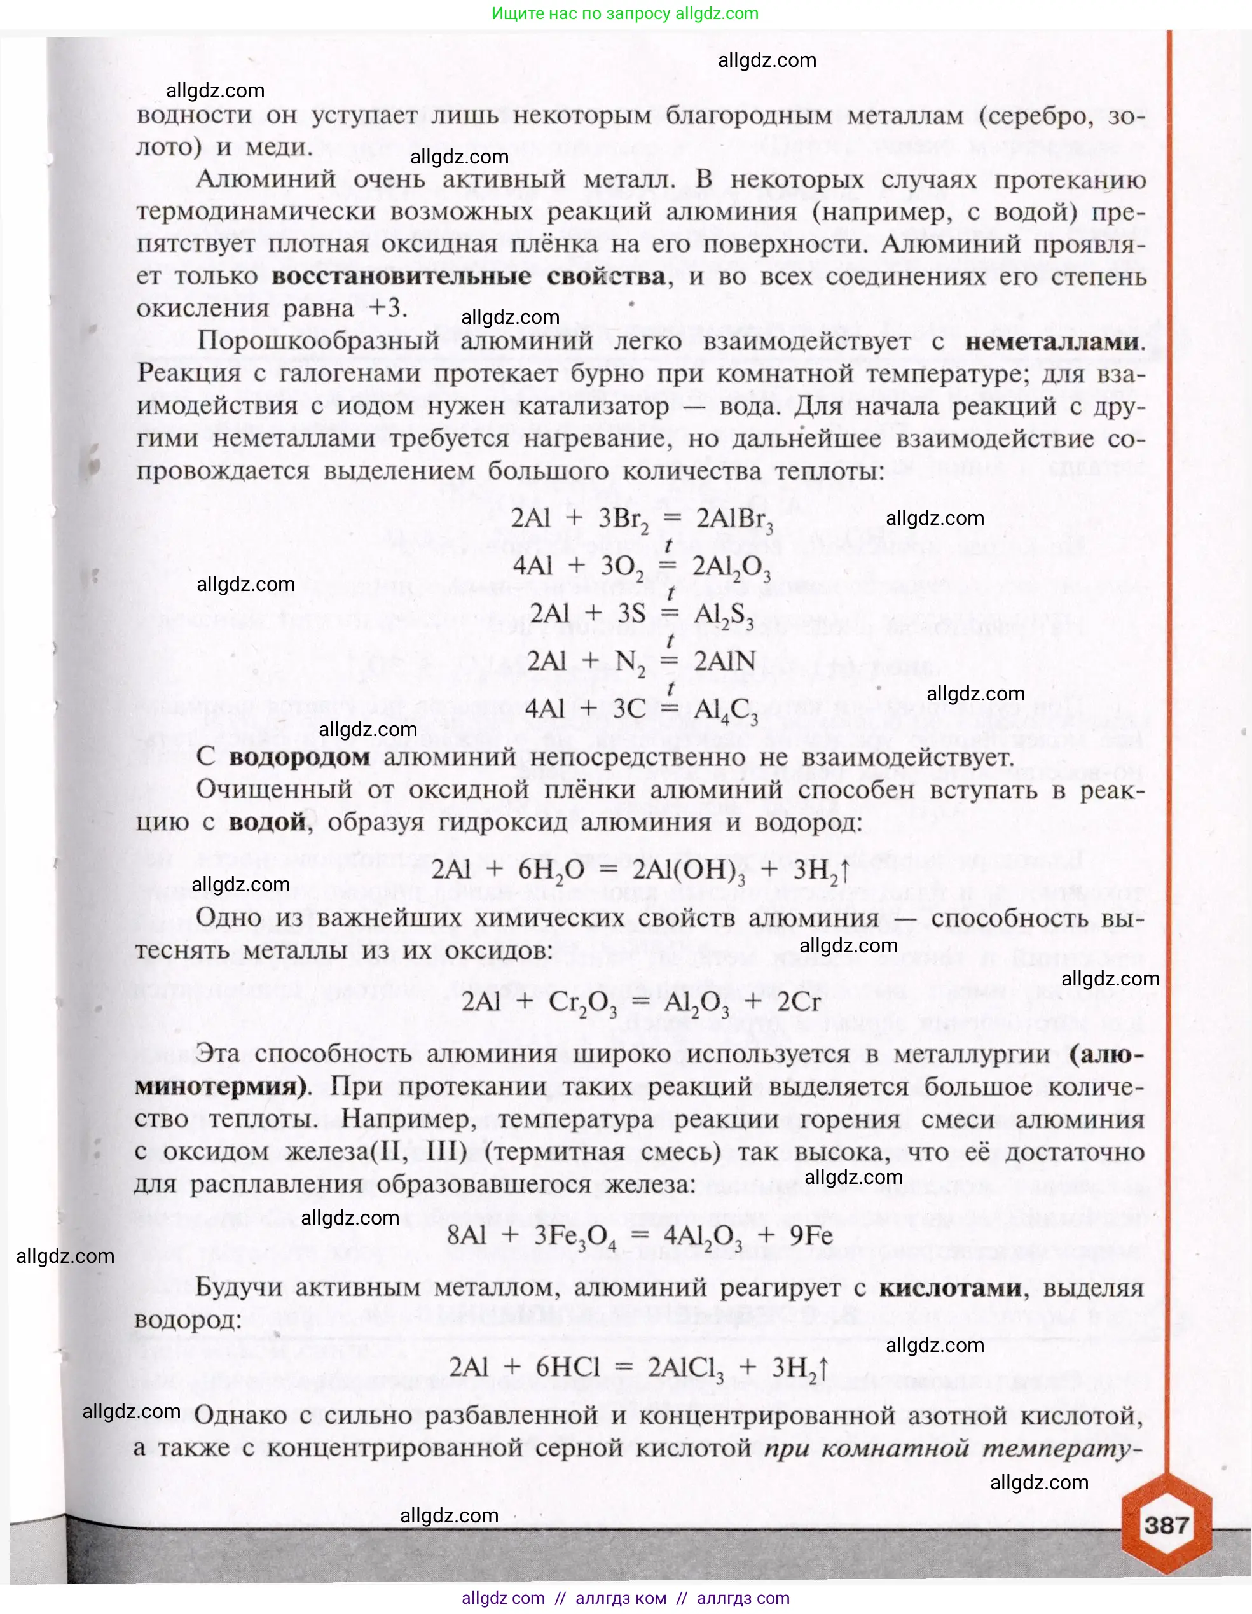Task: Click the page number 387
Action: (x=1166, y=1524)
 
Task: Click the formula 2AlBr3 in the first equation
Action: (x=734, y=520)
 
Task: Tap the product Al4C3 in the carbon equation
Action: (x=726, y=711)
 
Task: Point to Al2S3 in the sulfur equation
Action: (x=723, y=615)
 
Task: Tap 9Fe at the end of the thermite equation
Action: (x=810, y=1235)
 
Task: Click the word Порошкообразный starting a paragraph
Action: (x=318, y=342)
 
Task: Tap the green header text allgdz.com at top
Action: (x=625, y=13)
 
